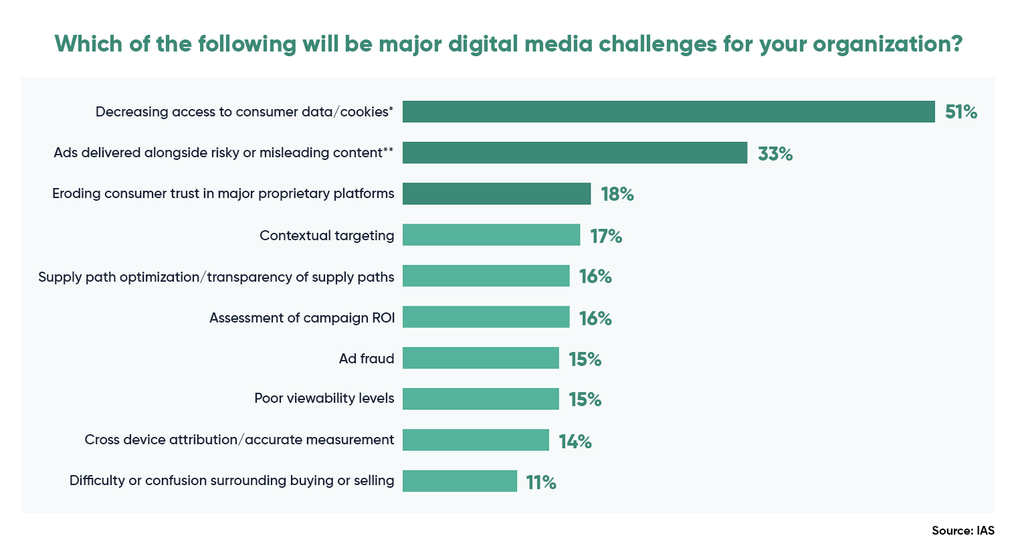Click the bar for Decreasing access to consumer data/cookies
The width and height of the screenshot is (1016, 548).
click(668, 112)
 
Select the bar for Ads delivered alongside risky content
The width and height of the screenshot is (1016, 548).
click(575, 153)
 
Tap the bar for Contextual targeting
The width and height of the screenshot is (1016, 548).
click(491, 235)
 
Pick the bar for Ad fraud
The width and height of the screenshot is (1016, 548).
click(480, 358)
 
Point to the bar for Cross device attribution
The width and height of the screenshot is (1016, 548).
click(476, 440)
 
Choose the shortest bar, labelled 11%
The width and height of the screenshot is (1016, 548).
click(460, 481)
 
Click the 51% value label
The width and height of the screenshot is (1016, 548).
click(960, 112)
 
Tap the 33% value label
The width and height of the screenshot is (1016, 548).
click(775, 154)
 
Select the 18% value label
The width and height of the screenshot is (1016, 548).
click(617, 194)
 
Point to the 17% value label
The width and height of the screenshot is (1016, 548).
click(606, 236)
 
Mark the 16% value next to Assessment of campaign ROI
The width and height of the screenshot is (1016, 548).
click(595, 318)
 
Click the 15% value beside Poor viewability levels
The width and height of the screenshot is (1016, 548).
click(585, 399)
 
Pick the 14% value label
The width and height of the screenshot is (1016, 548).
click(575, 442)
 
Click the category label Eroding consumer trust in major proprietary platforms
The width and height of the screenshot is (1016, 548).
click(223, 193)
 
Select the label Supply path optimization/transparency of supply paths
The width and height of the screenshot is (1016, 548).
click(216, 277)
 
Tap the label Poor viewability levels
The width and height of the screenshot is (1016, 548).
click(324, 398)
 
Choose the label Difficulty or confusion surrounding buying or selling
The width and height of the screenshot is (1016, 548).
click(231, 480)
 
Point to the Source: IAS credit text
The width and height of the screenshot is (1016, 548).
click(962, 531)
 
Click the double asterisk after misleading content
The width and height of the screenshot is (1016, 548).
click(388, 150)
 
